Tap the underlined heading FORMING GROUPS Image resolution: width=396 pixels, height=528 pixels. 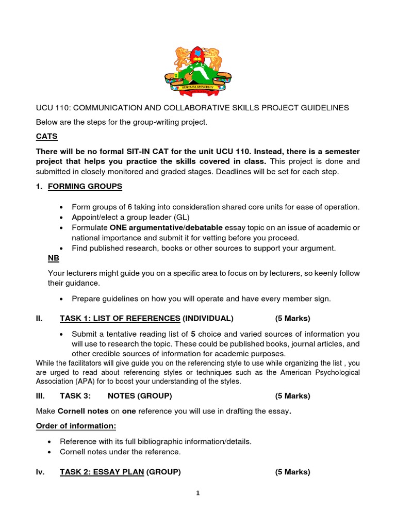pos(85,186)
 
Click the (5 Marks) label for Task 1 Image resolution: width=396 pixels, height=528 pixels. pos(292,318)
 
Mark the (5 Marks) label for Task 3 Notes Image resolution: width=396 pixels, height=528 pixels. pos(292,396)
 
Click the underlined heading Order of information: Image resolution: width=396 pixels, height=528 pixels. pos(76,426)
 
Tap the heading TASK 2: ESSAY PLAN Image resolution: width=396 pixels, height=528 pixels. pos(102,471)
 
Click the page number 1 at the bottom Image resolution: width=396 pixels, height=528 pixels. pos(197,493)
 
